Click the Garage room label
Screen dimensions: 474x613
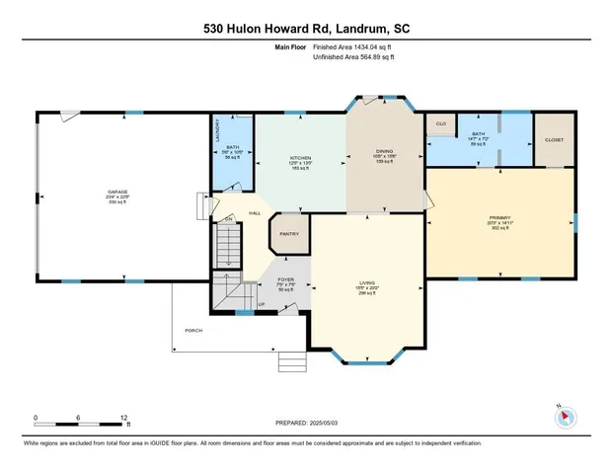click(117, 191)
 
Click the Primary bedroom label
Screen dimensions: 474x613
click(499, 218)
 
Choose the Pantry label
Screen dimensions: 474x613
click(289, 234)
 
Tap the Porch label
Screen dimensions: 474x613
click(194, 330)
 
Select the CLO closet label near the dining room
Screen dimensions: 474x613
click(441, 124)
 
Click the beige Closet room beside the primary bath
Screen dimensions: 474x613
click(554, 140)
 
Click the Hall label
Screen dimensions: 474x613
click(254, 212)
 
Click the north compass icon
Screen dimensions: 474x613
click(566, 416)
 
